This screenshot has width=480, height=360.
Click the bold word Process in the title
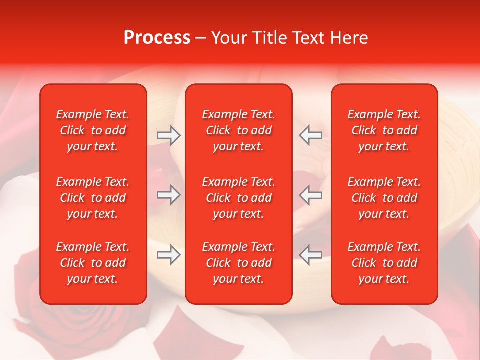[x=157, y=38]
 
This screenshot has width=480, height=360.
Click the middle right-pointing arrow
[x=169, y=195]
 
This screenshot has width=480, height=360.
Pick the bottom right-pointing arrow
[x=169, y=255]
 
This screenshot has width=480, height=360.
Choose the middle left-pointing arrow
[x=311, y=195]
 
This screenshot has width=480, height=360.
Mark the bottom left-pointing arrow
[x=311, y=255]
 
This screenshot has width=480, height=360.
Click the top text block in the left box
[x=93, y=130]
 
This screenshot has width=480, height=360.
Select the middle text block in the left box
[x=93, y=198]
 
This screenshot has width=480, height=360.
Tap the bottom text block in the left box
[x=93, y=263]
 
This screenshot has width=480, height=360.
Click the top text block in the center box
[x=238, y=130]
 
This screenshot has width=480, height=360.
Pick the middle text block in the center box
[x=238, y=198]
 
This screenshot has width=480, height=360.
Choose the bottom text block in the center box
[x=238, y=263]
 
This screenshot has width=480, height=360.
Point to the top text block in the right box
[x=384, y=130]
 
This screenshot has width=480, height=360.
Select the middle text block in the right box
[x=384, y=198]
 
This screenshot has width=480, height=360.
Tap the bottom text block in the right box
[x=384, y=263]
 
